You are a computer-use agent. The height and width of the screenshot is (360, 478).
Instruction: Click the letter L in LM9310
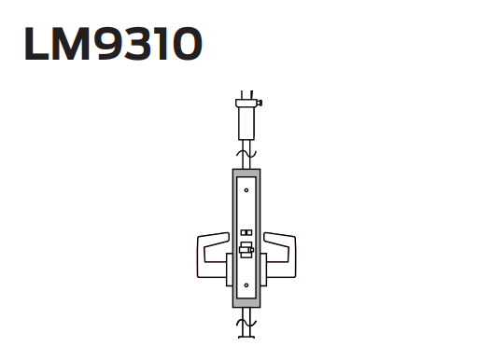pyautogui.click(x=36, y=44)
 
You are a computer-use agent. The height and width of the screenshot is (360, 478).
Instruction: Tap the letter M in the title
pyautogui.click(x=73, y=44)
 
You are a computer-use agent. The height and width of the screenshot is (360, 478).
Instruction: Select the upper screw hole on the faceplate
pyautogui.click(x=246, y=190)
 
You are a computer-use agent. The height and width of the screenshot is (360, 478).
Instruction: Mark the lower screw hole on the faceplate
pyautogui.click(x=246, y=285)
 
